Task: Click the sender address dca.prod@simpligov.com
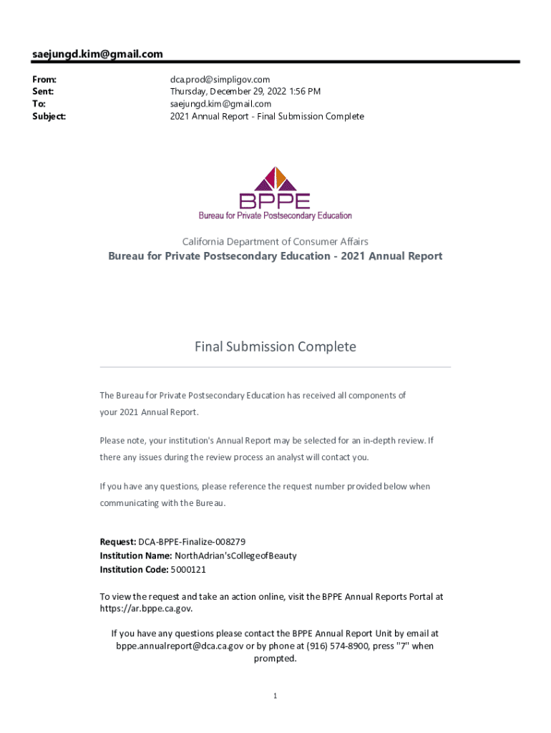220,79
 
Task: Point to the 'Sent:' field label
43,92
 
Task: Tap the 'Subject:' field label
49,116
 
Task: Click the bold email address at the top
97,54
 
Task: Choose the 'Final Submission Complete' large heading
275,347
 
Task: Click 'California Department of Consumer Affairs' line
275,242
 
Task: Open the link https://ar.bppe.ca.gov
145,608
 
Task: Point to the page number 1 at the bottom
275,696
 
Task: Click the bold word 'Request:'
118,542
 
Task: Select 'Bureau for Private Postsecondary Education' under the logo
275,215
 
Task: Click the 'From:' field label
44,79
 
